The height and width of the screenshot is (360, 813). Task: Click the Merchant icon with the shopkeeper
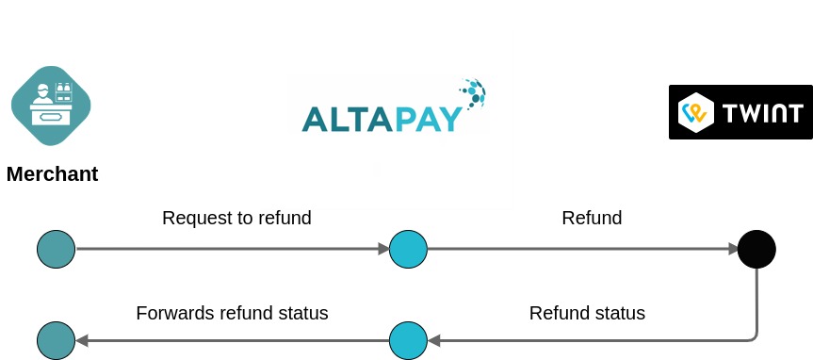point(51,106)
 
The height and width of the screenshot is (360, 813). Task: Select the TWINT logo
point(740,112)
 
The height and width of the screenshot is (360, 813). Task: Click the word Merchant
point(53,174)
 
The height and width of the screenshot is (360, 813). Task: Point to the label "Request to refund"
point(236,219)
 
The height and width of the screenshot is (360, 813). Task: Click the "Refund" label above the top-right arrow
point(592,219)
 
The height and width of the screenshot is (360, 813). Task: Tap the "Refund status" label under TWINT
point(587,314)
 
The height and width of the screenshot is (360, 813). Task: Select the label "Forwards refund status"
point(232,314)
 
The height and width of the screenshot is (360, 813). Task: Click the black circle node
point(756,250)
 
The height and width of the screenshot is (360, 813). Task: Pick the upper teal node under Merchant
point(56,250)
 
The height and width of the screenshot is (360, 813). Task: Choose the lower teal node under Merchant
point(56,340)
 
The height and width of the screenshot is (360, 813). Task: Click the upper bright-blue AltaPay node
point(408,250)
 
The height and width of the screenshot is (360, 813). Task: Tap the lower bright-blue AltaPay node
point(408,340)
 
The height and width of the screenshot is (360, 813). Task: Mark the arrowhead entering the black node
point(733,250)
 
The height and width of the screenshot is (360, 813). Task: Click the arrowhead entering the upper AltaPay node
point(383,250)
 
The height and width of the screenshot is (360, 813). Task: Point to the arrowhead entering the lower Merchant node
point(81,340)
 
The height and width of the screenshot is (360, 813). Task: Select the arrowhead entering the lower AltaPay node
point(433,340)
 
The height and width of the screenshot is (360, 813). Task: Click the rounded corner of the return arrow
point(753,335)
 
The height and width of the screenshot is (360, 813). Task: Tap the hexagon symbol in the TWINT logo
point(695,112)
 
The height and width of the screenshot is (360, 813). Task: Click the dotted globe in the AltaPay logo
point(473,92)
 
